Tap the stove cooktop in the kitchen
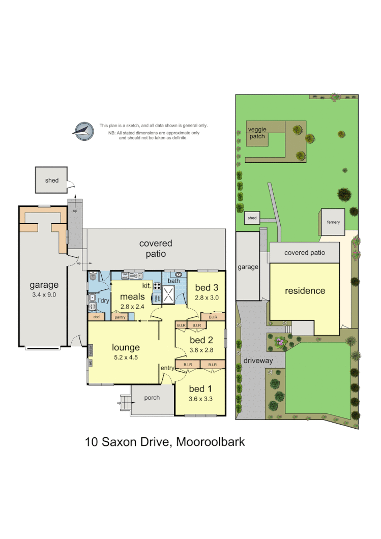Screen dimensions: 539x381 click(157, 286)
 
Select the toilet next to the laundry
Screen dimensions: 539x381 click(93, 278)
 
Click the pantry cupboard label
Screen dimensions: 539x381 click(120, 317)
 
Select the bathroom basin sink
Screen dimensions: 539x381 click(179, 275)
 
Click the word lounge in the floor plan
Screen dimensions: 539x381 click(126, 348)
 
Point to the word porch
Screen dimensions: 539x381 click(152, 398)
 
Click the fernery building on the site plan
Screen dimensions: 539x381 click(333, 222)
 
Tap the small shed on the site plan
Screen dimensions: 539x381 click(252, 218)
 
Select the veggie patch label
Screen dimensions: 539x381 click(257, 133)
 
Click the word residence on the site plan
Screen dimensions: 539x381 click(304, 291)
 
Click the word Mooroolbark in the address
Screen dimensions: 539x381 click(210, 442)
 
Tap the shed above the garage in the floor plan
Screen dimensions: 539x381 click(51, 180)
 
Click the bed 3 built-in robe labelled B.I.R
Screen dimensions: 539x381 click(210, 317)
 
